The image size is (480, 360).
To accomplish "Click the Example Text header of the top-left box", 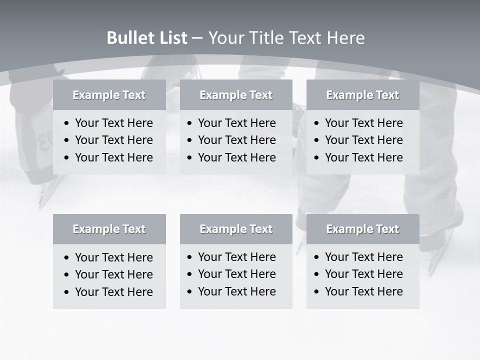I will (x=109, y=95).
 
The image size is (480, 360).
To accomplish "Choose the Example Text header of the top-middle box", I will (x=236, y=95).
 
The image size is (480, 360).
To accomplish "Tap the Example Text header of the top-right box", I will (x=362, y=95).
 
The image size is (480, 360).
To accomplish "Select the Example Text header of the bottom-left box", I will (x=109, y=229).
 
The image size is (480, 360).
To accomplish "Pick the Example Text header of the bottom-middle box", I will (x=236, y=229).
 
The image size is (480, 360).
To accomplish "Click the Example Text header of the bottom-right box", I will (x=362, y=229).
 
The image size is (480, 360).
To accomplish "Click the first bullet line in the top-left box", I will (x=113, y=123).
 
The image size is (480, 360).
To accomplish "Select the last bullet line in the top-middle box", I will (x=236, y=157).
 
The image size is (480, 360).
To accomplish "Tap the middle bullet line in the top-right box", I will (x=363, y=140).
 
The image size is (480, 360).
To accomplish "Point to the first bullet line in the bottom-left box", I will (x=113, y=257).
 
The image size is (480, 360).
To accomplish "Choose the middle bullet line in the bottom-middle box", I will (x=236, y=274).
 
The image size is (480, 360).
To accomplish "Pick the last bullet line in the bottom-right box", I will (x=363, y=291).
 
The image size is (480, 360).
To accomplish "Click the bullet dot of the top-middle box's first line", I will (x=190, y=123).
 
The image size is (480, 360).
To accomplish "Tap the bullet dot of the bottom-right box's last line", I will (x=317, y=292).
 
